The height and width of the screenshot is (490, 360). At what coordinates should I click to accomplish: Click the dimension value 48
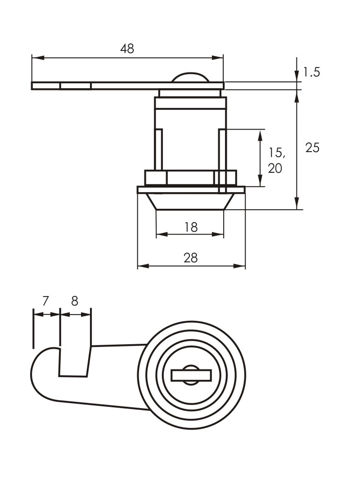point(127,49)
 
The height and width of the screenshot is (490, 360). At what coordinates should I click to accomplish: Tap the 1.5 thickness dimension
point(311,72)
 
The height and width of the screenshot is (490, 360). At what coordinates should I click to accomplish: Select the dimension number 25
point(312,147)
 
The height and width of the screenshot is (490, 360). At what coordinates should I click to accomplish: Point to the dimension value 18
point(191,227)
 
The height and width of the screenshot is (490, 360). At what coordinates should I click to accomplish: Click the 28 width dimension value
point(191,258)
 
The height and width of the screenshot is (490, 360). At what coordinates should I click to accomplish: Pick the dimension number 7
point(45,301)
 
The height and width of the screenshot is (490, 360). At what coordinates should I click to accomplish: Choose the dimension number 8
point(75,301)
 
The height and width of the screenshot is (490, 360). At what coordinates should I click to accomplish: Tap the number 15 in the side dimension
point(277,153)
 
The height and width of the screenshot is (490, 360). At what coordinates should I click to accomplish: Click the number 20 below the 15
point(275,168)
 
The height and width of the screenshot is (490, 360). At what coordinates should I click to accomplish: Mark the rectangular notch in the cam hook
point(74,362)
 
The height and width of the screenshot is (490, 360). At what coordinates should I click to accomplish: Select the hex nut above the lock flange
point(190,178)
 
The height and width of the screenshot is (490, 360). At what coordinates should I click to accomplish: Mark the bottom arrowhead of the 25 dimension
point(297,205)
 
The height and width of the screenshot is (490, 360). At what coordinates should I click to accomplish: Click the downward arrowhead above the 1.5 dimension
point(297,77)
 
